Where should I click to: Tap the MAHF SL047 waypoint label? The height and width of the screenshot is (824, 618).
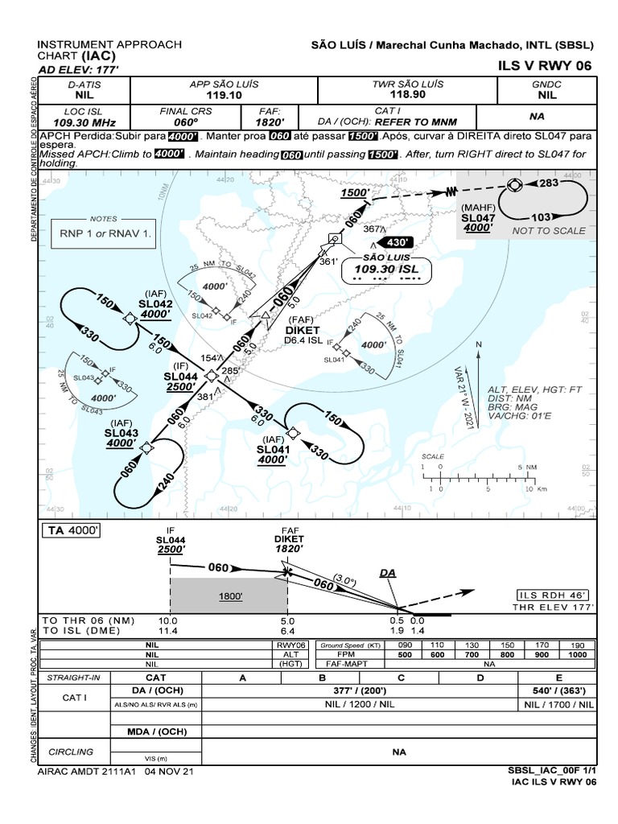[477, 218]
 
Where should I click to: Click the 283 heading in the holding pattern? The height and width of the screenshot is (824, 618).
[548, 183]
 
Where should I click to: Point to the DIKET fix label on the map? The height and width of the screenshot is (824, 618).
[303, 330]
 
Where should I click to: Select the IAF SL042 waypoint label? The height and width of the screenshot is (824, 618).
[155, 303]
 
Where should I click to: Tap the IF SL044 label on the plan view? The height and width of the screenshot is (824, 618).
[180, 376]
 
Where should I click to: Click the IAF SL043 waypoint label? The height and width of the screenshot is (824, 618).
[122, 432]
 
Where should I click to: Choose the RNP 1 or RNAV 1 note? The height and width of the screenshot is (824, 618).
[102, 234]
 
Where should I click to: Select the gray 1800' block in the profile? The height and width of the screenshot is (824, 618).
[229, 596]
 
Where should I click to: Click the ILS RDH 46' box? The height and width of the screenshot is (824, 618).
[555, 595]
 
